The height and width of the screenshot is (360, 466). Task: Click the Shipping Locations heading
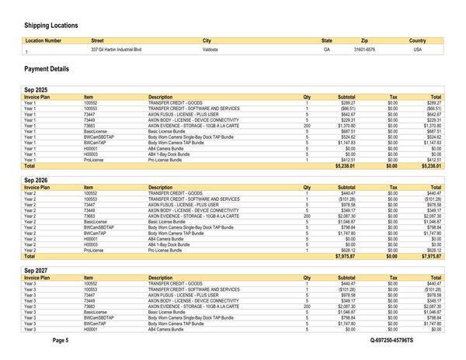(51, 25)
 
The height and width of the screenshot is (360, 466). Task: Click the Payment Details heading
(47, 69)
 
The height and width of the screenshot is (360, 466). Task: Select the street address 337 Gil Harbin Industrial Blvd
(116, 50)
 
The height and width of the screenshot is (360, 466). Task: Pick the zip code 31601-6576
(364, 50)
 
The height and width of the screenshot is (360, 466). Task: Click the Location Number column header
(43, 40)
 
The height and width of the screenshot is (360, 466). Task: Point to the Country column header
(417, 40)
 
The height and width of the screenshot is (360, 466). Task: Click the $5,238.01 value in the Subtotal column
(344, 166)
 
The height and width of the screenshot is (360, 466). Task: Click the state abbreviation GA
(327, 50)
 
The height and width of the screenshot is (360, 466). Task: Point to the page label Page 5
(82, 341)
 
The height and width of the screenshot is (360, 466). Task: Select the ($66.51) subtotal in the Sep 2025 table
(345, 109)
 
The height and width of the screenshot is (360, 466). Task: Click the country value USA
(417, 50)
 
